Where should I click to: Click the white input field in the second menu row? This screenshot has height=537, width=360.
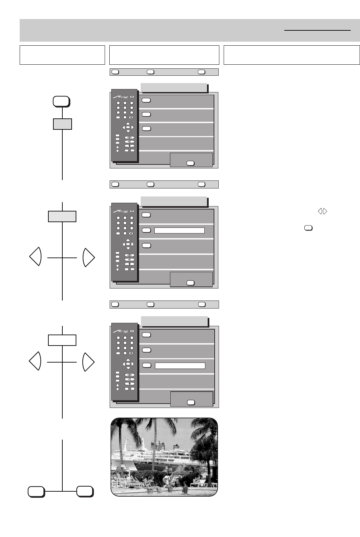(179, 230)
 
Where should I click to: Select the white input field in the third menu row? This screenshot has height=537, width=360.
(180, 366)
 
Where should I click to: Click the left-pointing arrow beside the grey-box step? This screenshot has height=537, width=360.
(35, 256)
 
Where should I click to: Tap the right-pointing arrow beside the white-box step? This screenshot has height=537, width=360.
(88, 362)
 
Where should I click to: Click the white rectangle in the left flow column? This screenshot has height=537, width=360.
(62, 340)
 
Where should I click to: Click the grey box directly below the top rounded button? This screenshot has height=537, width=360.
(62, 124)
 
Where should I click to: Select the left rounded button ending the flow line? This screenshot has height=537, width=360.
(36, 491)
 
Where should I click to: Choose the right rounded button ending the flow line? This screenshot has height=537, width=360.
(85, 491)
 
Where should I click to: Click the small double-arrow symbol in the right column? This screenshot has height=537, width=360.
(322, 211)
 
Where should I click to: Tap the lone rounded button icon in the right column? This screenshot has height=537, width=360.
(308, 228)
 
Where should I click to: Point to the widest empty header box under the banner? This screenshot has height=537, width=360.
(292, 55)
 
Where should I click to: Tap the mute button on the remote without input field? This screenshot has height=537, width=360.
(131, 117)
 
